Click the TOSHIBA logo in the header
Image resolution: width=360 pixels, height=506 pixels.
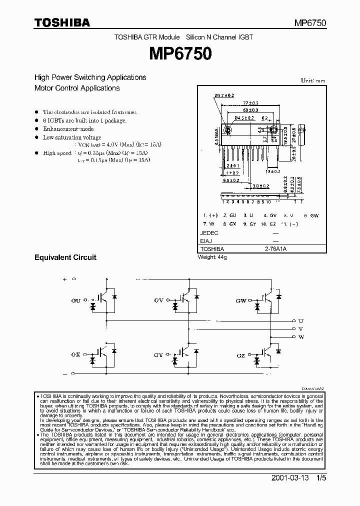pyautogui.click(x=62, y=22)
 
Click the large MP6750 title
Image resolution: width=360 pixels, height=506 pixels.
pyautogui.click(x=179, y=54)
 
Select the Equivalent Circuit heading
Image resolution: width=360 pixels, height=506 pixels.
pyautogui.click(x=65, y=257)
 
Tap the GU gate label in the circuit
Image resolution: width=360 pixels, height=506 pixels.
pyautogui.click(x=76, y=301)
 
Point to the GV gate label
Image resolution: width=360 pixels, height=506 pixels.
pyautogui.click(x=159, y=301)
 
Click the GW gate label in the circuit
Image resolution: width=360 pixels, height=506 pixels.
pyautogui.click(x=241, y=301)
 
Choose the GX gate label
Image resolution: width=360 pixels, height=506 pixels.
pyautogui.click(x=76, y=353)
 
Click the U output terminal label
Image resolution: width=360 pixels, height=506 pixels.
pyautogui.click(x=300, y=320)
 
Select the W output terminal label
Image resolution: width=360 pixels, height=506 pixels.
pyautogui.click(x=300, y=337)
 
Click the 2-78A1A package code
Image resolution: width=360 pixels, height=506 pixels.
pyautogui.click(x=274, y=248)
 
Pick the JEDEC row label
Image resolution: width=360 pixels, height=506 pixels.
pyautogui.click(x=209, y=233)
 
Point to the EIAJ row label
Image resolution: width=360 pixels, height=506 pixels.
pyautogui.click(x=206, y=241)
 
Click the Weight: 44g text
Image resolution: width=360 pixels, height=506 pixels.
pyautogui.click(x=212, y=257)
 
